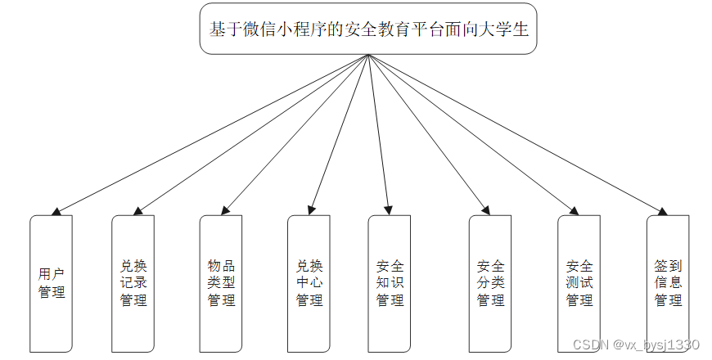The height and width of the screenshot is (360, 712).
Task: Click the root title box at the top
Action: coord(368,29)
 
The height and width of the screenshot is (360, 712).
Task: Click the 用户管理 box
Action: coord(52,283)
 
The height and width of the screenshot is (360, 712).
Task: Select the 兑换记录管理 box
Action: coord(133,283)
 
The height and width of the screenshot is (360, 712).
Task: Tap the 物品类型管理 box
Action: coord(221,283)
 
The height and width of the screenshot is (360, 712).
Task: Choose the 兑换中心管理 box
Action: coord(309,283)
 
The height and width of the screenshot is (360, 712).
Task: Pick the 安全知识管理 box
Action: coord(390,283)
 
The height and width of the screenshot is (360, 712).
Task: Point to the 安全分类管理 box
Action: coord(490,283)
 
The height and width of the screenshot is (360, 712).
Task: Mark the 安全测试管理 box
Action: coord(579,283)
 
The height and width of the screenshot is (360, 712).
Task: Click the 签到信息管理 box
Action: coord(668,283)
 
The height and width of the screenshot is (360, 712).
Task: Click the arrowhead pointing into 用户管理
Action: coord(56,212)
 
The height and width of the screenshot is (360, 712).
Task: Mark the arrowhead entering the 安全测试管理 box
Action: coord(575,211)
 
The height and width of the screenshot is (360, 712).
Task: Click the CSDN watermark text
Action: coord(636,344)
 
